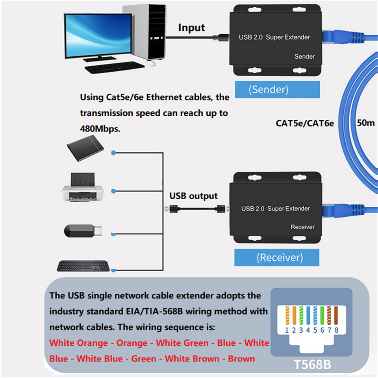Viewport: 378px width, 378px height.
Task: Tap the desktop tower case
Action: click(x=143, y=31)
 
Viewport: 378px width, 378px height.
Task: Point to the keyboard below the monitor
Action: click(x=115, y=67)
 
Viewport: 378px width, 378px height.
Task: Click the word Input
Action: click(x=192, y=28)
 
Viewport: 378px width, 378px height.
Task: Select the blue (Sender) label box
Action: click(x=268, y=90)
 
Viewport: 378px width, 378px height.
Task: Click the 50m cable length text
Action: click(x=366, y=122)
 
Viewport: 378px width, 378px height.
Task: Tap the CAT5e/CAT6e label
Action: click(x=305, y=123)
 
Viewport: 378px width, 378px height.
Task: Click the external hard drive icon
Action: click(x=85, y=148)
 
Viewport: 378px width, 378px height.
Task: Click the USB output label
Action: click(x=193, y=196)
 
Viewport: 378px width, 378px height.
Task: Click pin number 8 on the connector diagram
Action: click(x=336, y=330)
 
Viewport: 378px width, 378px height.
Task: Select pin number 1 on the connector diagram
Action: click(x=287, y=330)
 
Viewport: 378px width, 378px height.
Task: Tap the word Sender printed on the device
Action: click(x=304, y=57)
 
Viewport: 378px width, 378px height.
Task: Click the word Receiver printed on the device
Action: click(x=302, y=227)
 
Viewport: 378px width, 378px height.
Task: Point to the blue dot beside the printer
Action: click(x=113, y=191)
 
